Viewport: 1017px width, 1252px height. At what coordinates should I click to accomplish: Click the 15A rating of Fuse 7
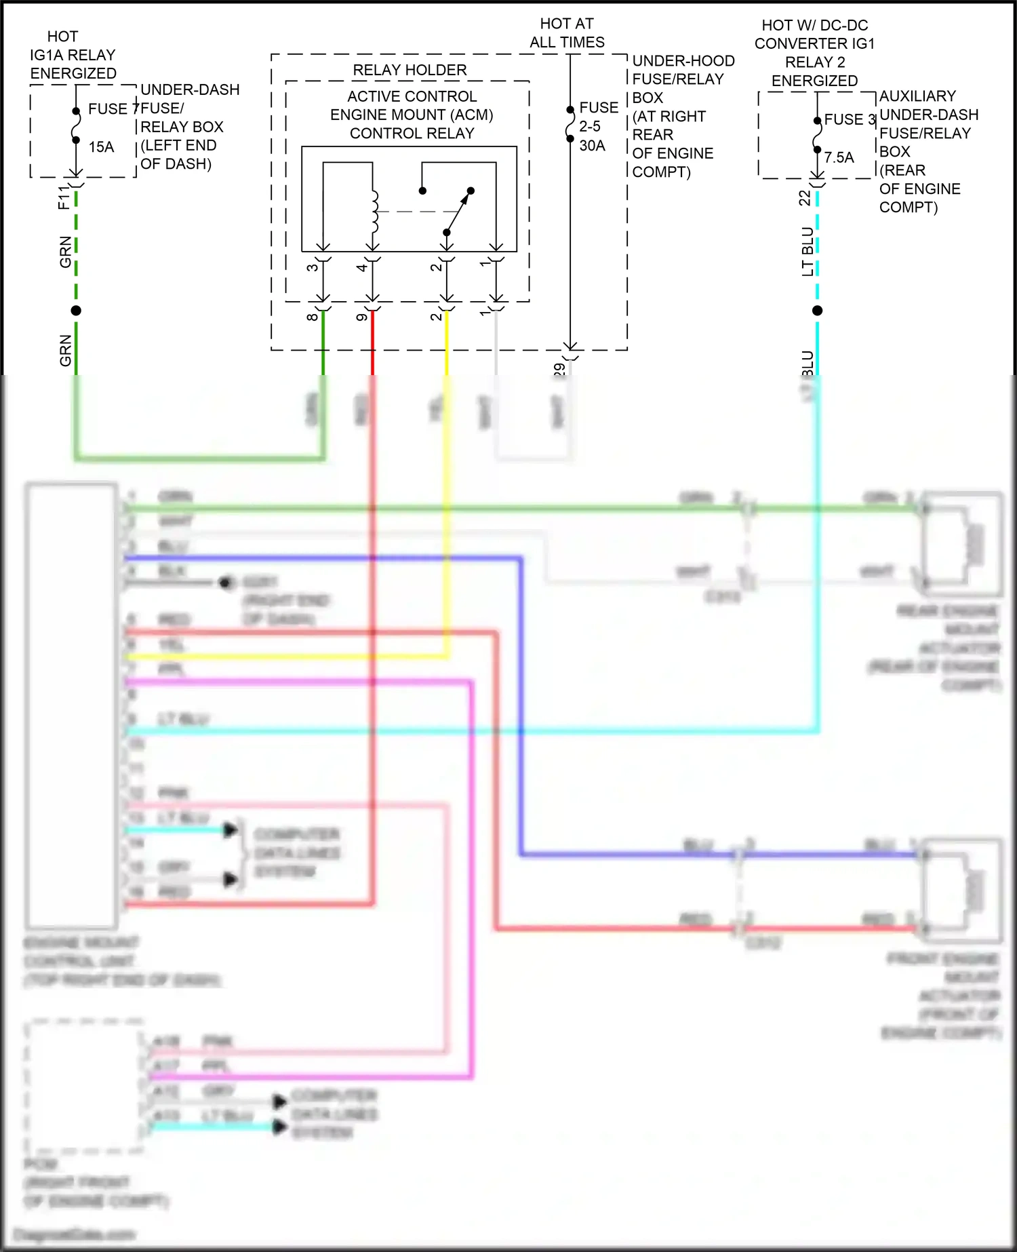101,147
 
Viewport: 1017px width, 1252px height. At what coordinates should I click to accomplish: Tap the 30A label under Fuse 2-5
592,145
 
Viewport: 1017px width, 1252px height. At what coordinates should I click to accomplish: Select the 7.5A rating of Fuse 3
839,157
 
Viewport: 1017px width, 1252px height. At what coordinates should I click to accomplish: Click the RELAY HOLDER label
410,70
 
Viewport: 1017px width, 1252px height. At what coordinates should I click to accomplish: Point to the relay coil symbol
374,210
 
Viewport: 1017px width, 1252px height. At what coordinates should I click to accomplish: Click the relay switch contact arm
458,212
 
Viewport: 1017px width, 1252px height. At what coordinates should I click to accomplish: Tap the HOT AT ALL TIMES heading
567,33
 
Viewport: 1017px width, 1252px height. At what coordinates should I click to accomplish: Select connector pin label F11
64,197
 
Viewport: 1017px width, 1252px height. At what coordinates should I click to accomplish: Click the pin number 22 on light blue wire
804,197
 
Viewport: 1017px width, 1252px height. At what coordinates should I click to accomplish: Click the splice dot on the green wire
76,311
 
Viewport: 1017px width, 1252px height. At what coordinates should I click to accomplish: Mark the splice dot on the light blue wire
817,311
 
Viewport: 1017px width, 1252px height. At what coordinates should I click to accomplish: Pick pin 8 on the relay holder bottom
312,317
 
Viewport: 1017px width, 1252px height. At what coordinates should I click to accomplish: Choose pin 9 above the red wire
362,317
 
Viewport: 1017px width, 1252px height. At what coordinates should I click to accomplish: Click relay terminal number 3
312,267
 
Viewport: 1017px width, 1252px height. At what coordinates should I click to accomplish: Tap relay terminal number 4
362,267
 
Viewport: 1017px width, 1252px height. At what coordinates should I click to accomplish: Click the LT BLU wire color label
807,251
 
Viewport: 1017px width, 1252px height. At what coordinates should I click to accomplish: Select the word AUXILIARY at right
917,96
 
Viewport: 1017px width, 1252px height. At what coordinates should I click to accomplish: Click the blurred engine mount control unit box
71,705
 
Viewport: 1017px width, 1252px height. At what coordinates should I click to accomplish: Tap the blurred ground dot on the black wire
226,583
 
